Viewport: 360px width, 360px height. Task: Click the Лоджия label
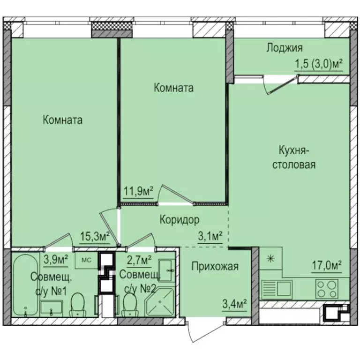coord(285,48)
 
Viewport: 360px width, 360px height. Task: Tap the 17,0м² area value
coord(327,266)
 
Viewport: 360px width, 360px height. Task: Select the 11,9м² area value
coord(138,191)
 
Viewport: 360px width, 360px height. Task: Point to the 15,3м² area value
coord(95,236)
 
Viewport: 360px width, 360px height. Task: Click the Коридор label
coord(180,220)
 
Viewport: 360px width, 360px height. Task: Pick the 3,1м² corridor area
coord(210,236)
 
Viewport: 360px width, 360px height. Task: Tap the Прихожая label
coord(215,266)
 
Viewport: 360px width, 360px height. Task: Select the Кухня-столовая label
coord(294,157)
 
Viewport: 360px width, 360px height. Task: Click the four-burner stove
coord(327,289)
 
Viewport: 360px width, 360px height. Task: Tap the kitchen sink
coord(277,289)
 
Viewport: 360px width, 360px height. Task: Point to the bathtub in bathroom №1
coord(25,285)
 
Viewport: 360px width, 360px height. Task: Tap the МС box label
coord(87,260)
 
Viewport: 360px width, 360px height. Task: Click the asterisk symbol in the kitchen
coord(271,259)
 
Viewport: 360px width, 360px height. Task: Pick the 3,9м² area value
coord(56,260)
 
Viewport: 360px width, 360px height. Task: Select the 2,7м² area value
coord(139,261)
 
